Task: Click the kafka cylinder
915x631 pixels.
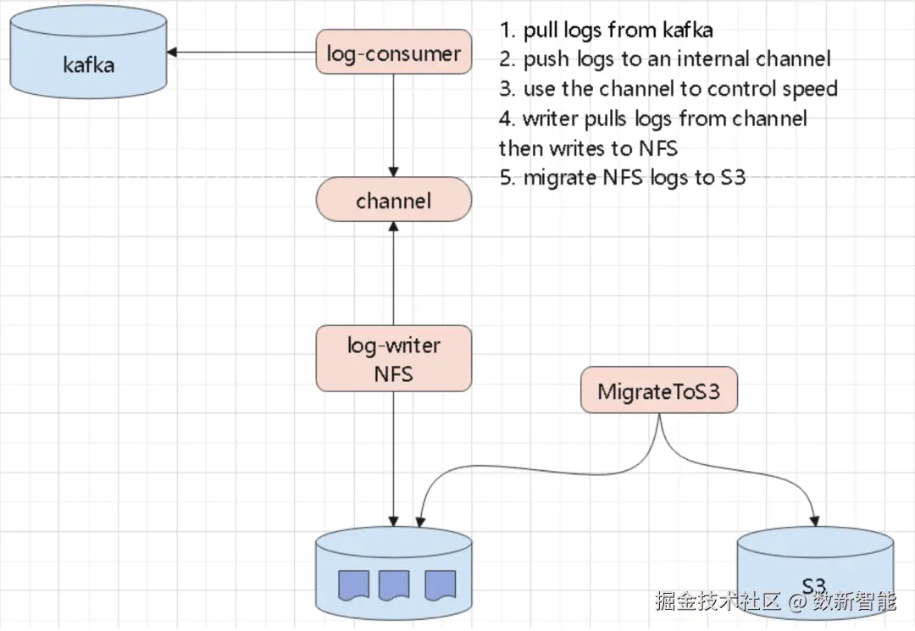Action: (x=88, y=64)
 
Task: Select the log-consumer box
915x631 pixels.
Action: (x=393, y=54)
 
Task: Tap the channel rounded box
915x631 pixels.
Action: (x=393, y=202)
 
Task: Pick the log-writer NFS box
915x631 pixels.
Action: (x=393, y=358)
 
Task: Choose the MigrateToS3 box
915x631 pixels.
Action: (x=658, y=392)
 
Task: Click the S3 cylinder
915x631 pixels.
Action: (x=814, y=572)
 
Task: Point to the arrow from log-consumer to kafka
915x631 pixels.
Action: (x=241, y=53)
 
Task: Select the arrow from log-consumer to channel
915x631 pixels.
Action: (x=393, y=127)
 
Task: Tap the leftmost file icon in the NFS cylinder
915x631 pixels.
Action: (x=353, y=584)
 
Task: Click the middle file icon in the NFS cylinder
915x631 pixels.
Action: (x=394, y=584)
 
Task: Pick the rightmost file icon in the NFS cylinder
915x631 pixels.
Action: (x=439, y=584)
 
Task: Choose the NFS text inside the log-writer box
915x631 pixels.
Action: (x=393, y=373)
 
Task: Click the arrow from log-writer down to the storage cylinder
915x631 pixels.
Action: (x=393, y=457)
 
